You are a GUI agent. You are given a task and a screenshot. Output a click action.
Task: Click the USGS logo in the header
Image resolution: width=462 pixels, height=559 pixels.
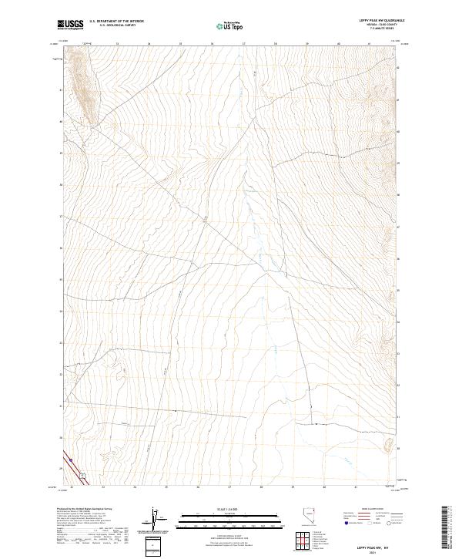pyautogui.click(x=70, y=25)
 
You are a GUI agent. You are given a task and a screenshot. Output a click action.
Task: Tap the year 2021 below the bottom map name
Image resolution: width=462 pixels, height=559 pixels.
pyautogui.click(x=371, y=552)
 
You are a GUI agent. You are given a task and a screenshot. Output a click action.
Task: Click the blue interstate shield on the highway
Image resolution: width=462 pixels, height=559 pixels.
pyautogui.click(x=70, y=462)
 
